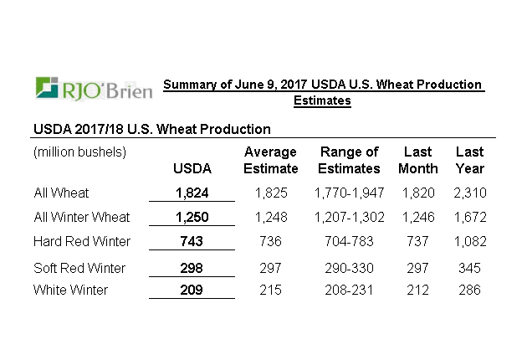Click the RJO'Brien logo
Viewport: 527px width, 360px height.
pos(94,88)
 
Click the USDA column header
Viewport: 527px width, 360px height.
pos(192,168)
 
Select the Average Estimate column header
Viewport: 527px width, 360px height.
pos(270,160)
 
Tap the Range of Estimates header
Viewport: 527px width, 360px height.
pos(349,160)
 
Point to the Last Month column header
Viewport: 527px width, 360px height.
pos(417,160)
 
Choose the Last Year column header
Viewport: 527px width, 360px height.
pos(469,160)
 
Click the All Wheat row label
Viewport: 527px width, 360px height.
pos(61,193)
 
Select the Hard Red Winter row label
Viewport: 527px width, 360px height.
pos(82,242)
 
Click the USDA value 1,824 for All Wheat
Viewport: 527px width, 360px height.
pos(192,193)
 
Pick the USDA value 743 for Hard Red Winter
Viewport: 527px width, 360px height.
pos(192,242)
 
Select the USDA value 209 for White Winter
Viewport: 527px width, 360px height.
pos(192,290)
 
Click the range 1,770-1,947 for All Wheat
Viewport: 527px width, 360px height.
pos(349,193)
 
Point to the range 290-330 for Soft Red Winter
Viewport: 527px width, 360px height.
pos(349,268)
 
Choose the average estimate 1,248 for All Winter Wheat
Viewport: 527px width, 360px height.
pos(270,218)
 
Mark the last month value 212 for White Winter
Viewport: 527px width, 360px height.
pos(417,290)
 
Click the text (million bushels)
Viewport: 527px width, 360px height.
pos(79,152)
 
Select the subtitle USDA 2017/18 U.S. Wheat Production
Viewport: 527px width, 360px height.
pos(151,129)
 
